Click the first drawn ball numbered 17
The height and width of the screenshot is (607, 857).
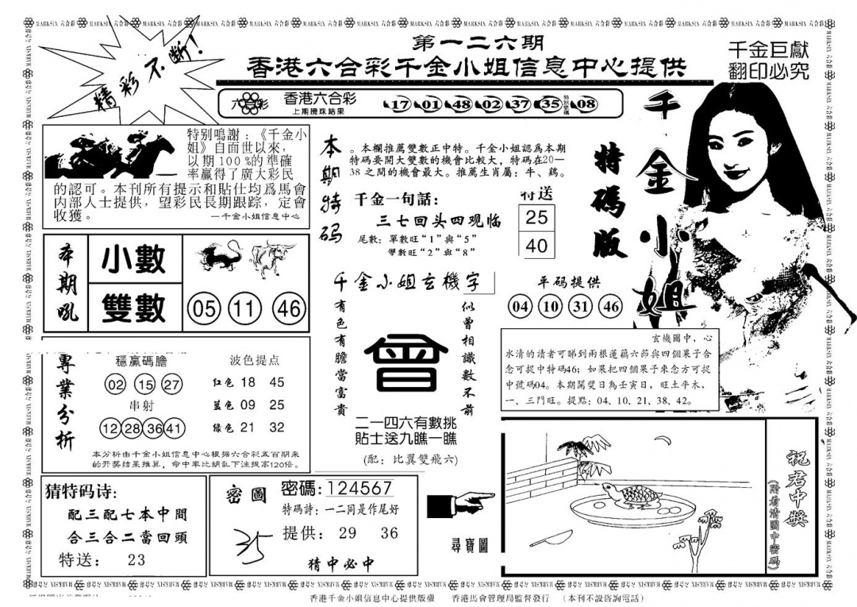(399, 104)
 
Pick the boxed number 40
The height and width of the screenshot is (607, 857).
(536, 245)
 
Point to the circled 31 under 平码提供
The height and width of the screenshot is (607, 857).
(580, 306)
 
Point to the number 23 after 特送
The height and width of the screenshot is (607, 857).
(136, 559)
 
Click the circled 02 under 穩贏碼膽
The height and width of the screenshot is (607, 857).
(115, 385)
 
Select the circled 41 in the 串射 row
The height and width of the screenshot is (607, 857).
(175, 428)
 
